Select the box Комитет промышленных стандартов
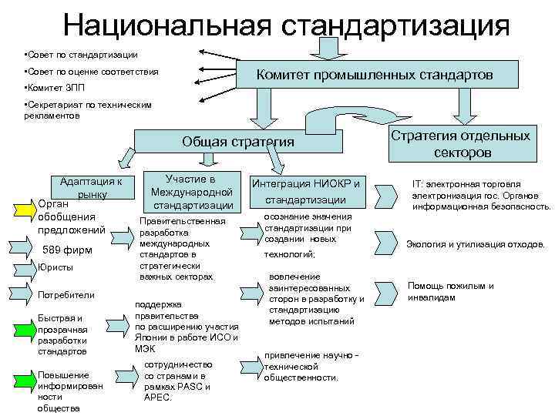pyautogui.click(x=375, y=75)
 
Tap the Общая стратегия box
pyautogui.click(x=237, y=142)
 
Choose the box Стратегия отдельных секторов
pyautogui.click(x=461, y=143)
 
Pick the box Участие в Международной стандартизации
pyautogui.click(x=191, y=192)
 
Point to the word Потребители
pyautogui.click(x=66, y=294)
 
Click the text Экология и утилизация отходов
pyautogui.click(x=475, y=244)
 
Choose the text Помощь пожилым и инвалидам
pyautogui.click(x=450, y=291)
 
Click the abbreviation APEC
pyautogui.click(x=156, y=398)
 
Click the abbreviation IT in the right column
pyautogui.click(x=418, y=185)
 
